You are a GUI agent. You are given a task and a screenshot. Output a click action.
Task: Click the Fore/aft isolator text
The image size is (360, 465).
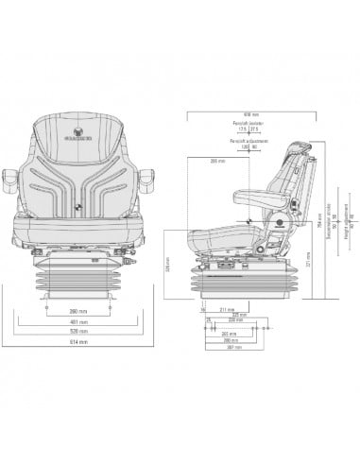pyautogui.click(x=247, y=123)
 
